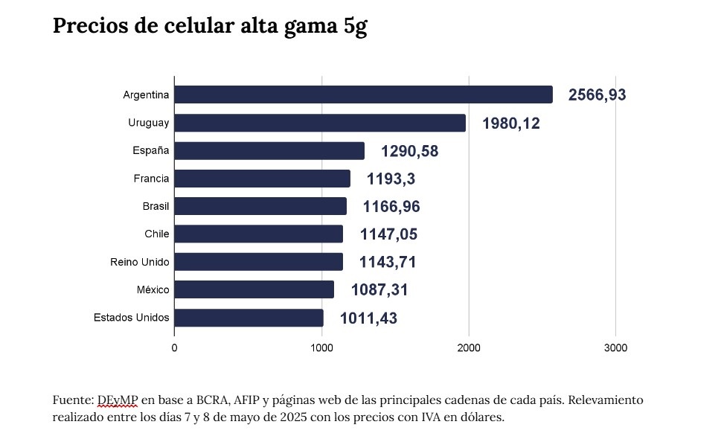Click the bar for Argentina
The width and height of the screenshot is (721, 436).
[x=363, y=94]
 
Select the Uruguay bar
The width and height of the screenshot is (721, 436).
[x=320, y=123]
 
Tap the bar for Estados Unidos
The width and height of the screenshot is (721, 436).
[x=249, y=318]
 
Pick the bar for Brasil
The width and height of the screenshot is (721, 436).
[x=260, y=206]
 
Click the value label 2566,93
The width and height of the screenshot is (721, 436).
[x=597, y=95]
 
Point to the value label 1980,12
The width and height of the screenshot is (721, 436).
[x=510, y=124]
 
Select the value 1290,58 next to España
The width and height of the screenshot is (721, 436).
[x=409, y=151]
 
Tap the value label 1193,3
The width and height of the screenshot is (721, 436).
[x=391, y=179]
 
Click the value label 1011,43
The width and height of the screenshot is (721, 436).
[x=368, y=318]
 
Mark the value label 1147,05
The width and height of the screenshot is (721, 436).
[x=388, y=234]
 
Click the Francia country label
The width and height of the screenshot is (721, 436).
[x=151, y=179]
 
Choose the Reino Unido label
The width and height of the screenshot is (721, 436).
[x=139, y=262]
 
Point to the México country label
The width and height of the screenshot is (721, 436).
[x=153, y=290]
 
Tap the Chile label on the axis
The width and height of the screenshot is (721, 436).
[x=156, y=234]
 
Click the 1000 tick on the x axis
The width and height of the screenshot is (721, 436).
[x=321, y=347]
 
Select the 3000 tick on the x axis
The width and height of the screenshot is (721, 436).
[x=615, y=347]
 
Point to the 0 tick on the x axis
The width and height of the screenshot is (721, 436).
[x=174, y=347]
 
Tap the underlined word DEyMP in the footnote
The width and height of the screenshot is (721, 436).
[x=118, y=400]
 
